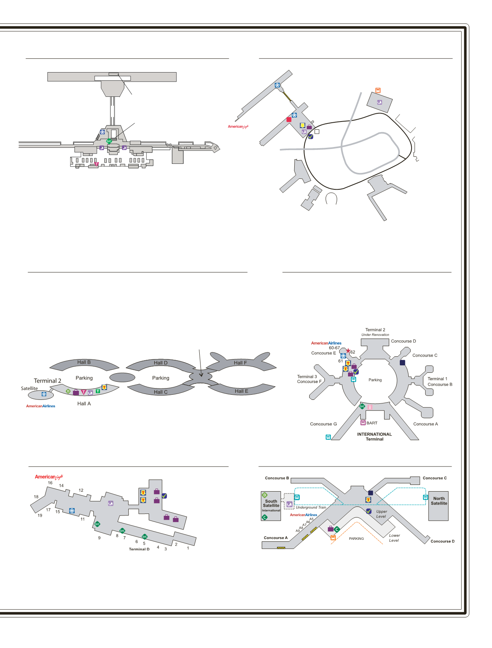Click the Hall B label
[84, 362]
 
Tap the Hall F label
[240, 363]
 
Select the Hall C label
[160, 392]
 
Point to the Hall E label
[241, 391]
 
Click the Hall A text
[84, 404]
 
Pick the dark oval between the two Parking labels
[122, 378]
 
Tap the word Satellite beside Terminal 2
[29, 388]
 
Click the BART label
[372, 423]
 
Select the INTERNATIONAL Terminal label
[374, 437]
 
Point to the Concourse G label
[323, 424]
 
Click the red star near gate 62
[348, 351]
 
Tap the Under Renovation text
[375, 335]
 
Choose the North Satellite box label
[439, 501]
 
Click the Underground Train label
[311, 508]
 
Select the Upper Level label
[381, 514]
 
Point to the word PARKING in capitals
[356, 539]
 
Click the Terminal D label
[139, 549]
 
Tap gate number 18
[36, 497]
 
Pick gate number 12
[81, 490]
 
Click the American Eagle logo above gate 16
[49, 477]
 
